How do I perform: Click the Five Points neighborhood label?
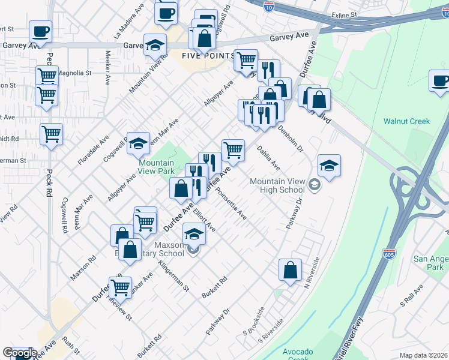208,56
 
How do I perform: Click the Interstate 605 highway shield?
390,254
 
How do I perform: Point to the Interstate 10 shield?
270,7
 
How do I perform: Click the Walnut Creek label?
407,121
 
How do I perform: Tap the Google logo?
19,353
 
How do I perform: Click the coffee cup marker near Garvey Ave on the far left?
40,31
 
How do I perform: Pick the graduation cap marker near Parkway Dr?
329,165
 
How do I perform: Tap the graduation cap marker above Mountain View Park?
138,143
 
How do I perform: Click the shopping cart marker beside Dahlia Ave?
233,150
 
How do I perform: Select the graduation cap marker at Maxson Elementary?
194,233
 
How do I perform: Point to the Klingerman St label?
173,276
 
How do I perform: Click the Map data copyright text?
423,355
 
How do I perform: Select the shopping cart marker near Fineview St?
120,287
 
